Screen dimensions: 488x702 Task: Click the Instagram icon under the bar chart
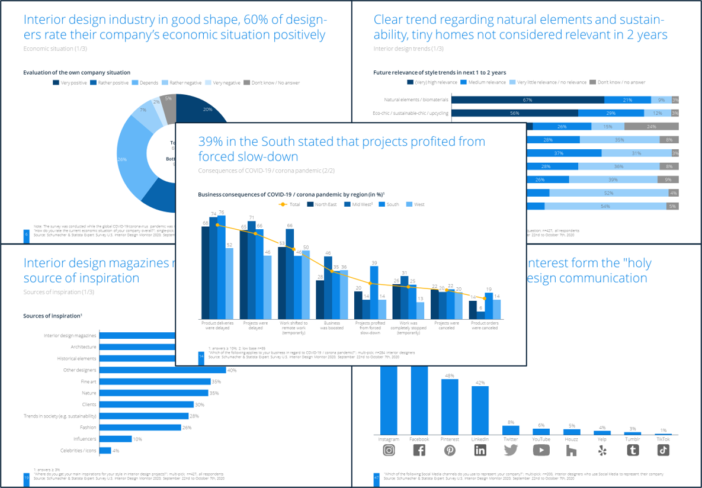coord(389,450)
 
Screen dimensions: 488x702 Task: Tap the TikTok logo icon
coord(663,450)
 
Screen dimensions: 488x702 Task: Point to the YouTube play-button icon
coord(541,450)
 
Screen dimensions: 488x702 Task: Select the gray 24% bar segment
coord(651,126)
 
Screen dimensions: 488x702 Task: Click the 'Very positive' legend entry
coord(70,83)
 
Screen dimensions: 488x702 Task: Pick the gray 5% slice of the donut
coord(168,105)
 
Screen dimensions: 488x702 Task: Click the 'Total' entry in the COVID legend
coord(290,204)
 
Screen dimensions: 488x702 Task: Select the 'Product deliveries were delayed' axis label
coord(217,325)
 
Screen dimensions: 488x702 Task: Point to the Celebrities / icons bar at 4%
coord(105,450)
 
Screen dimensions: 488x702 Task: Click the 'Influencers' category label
coord(85,439)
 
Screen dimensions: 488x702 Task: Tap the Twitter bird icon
coord(511,450)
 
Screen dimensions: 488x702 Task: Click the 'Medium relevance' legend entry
coord(483,82)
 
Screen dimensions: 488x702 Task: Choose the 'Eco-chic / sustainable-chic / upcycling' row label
coord(411,113)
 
